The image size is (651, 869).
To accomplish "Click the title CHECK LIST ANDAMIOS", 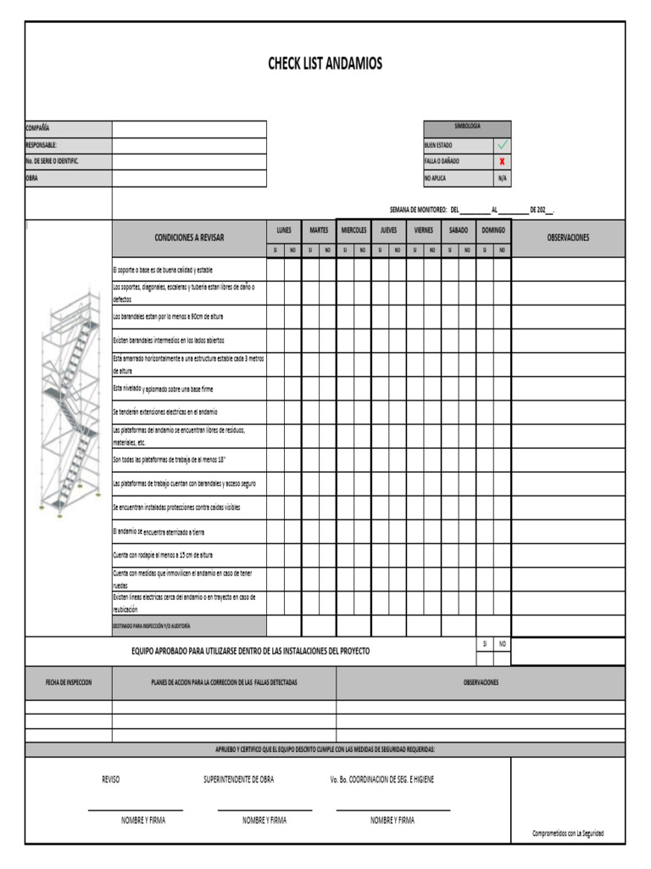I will click(325, 64).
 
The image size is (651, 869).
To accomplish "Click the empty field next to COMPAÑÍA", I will click(189, 129).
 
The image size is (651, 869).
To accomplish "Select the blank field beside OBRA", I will click(189, 178).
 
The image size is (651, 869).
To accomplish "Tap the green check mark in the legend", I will click(504, 145).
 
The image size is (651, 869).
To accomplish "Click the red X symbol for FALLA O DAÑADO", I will click(504, 161).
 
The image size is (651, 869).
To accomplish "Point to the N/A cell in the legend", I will click(504, 178).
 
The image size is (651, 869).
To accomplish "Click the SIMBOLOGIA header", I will click(467, 126).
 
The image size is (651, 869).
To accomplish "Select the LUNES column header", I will click(284, 230).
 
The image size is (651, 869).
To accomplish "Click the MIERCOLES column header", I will click(353, 230).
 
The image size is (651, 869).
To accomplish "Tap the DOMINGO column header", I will click(493, 230).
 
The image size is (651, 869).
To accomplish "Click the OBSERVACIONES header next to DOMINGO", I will click(568, 238).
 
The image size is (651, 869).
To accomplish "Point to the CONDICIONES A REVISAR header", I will click(189, 238).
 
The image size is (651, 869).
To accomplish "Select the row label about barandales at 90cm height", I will click(168, 317).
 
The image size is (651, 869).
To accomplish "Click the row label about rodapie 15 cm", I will click(163, 555).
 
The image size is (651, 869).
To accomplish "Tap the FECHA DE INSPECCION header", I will click(69, 682).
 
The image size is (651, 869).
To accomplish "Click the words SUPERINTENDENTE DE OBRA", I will click(238, 779).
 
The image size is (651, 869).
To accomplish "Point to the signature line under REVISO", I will click(135, 810).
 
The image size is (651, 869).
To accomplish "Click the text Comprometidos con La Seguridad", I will click(568, 833).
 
